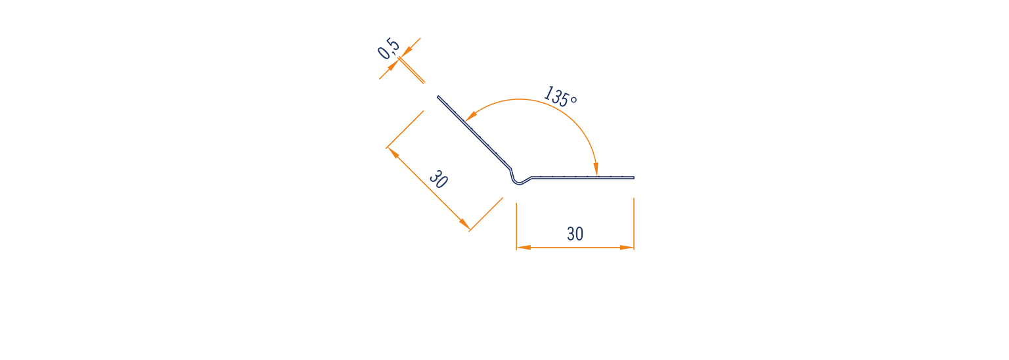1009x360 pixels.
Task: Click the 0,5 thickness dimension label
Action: coord(389,49)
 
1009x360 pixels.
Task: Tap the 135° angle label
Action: coord(560,97)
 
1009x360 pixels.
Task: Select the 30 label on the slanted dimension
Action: coord(438,179)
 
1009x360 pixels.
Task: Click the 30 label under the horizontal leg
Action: coord(575,234)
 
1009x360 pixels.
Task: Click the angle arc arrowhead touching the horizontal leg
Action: coord(596,169)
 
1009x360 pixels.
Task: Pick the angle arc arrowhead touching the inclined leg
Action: coord(471,116)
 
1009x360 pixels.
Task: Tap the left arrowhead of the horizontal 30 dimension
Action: coord(524,248)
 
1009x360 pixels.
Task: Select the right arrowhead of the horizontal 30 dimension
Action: coord(627,248)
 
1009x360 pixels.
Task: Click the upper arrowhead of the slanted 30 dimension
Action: coord(393,153)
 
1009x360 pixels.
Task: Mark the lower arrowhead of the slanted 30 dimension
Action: coord(464,224)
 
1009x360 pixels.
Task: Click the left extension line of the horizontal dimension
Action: coord(517,226)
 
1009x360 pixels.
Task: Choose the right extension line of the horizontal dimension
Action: coord(634,224)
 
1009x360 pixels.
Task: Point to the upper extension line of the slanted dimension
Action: coord(405,130)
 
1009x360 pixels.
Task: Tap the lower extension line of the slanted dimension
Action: coord(485,214)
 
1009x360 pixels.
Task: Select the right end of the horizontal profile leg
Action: coord(634,178)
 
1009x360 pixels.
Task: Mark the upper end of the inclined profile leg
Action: coord(438,97)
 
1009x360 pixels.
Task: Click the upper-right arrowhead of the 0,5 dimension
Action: coord(406,52)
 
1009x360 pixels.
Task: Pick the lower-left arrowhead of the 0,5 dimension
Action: coord(393,66)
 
